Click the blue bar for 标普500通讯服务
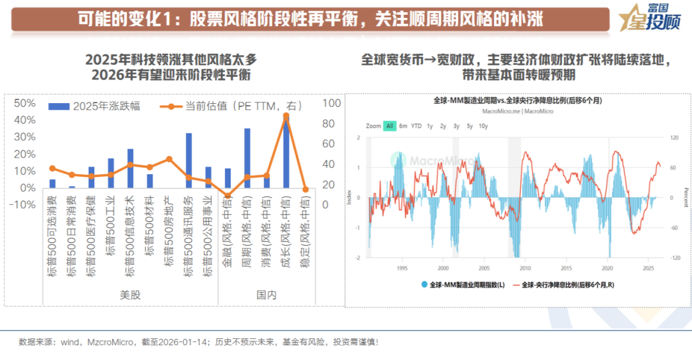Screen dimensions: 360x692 (188, 160)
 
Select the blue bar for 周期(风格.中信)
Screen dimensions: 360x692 (247, 158)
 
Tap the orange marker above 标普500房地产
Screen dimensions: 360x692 (169, 159)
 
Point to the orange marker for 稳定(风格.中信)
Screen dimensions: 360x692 (306, 190)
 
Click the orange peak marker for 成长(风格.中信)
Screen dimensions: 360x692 (286, 116)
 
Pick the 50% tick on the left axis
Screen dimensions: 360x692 (25, 103)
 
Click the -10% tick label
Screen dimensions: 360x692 (24, 205)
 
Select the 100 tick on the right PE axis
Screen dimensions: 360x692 (332, 103)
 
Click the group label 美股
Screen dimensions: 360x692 (130, 295)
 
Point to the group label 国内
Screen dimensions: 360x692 (266, 295)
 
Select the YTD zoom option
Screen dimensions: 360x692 (416, 126)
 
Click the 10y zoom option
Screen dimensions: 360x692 (483, 126)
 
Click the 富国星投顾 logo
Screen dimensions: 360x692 (648, 19)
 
